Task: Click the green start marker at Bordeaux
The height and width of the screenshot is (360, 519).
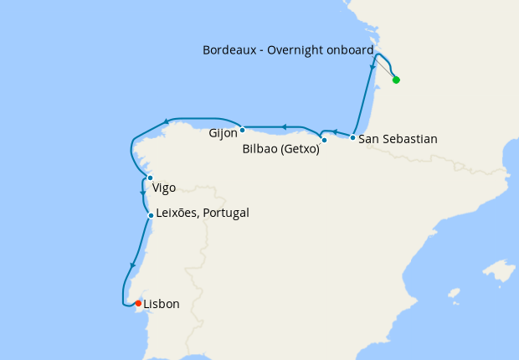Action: pos(396,80)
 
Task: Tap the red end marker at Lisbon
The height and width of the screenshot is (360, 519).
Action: pos(138,303)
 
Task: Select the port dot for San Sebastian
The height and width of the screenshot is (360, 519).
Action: pos(353,137)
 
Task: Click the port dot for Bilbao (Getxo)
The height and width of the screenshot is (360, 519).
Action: pos(324,140)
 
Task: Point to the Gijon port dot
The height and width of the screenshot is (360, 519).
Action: pos(242,130)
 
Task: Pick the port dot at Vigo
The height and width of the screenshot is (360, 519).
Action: pos(150,177)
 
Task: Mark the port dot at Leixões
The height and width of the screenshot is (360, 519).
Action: pos(151,215)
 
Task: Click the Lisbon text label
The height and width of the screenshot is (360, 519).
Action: pos(162,304)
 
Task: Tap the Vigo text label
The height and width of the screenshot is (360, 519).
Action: pos(164,188)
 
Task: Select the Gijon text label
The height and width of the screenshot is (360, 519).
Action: pos(222,133)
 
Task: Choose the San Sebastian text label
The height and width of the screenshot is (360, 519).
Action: pos(398,139)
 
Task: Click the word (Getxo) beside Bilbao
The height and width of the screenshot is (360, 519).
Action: pos(300,151)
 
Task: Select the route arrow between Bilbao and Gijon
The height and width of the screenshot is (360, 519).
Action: pos(285,127)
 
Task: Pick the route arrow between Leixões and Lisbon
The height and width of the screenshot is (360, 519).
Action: pos(132,266)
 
